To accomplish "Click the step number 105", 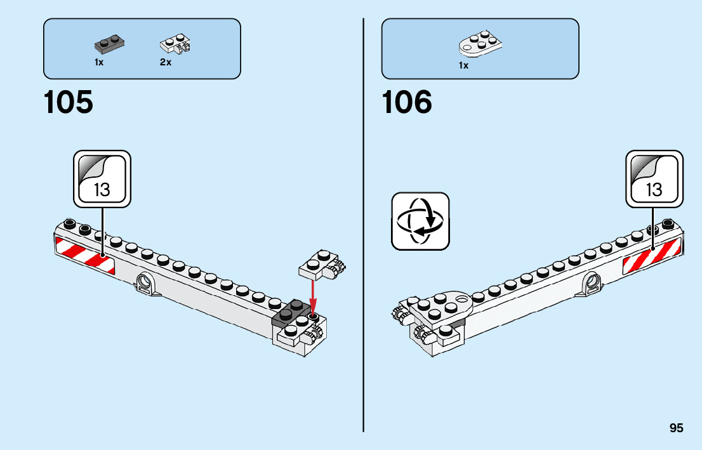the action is tap(68, 102).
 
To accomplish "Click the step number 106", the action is tap(407, 102).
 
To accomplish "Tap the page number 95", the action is tap(676, 428).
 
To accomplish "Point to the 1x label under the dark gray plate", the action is tap(99, 63).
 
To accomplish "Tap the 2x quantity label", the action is tap(166, 63).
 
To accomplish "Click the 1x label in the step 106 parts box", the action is tap(463, 65).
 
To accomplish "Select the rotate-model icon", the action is tap(420, 221).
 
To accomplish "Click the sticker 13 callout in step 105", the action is tap(102, 179).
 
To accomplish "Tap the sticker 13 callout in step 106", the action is tap(654, 179).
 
